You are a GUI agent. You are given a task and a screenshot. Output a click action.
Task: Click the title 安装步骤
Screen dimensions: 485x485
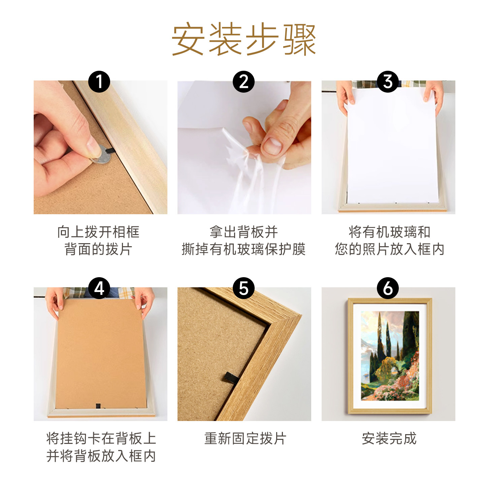point(244,39)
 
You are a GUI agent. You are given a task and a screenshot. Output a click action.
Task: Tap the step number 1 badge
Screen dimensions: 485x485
point(99,82)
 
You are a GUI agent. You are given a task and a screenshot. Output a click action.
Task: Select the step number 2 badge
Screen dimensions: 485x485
point(244,82)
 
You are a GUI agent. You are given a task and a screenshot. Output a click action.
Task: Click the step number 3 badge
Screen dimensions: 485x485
point(388,82)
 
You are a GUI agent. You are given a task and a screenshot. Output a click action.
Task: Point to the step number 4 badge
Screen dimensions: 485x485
point(99,288)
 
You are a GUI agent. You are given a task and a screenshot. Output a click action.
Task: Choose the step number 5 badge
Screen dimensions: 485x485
point(244,288)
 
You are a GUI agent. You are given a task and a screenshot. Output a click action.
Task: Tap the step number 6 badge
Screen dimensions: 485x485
point(388,288)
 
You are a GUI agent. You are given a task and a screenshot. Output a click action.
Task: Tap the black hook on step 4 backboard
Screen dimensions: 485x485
point(98,406)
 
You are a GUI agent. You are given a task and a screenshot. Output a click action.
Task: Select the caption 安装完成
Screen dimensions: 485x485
point(389,439)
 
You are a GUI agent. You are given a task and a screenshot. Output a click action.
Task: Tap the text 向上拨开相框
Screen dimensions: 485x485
point(98,232)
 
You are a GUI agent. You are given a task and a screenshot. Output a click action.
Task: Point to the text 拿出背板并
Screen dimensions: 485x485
point(244,232)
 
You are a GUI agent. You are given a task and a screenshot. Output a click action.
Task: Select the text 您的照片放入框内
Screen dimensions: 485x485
point(389,249)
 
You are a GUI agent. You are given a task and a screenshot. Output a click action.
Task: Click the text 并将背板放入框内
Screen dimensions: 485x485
point(101,456)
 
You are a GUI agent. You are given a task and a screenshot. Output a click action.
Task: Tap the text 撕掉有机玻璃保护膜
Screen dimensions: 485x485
point(244,249)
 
